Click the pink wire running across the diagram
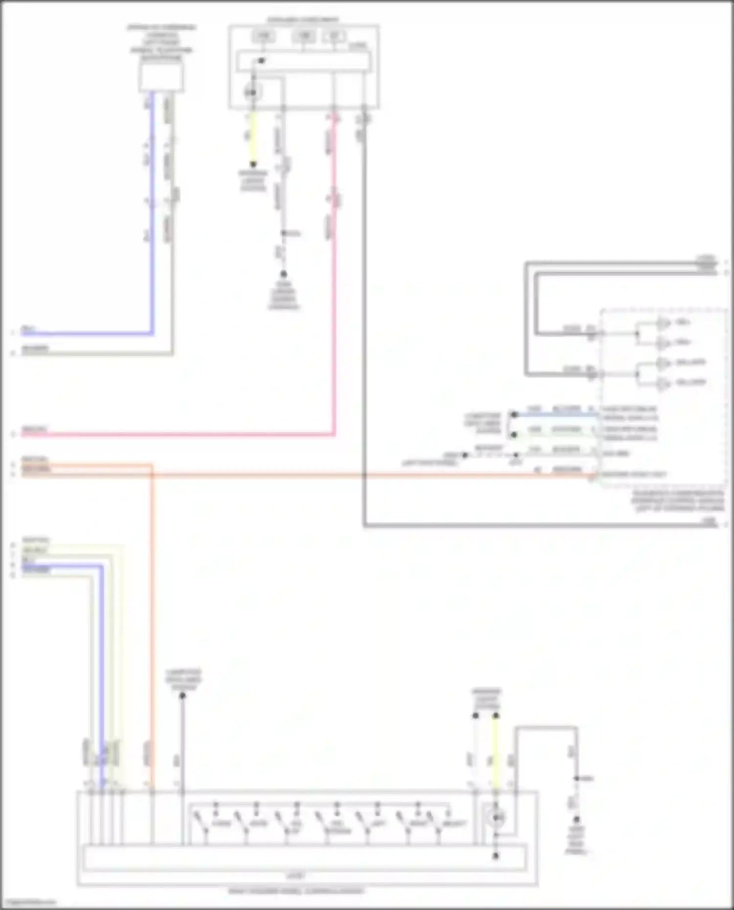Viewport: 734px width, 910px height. coord(196,434)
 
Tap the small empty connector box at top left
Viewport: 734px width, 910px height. coord(161,78)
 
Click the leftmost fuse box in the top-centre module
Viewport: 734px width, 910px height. coord(263,36)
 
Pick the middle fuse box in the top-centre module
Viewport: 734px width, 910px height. coord(303,36)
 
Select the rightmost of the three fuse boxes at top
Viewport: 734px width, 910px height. coord(334,36)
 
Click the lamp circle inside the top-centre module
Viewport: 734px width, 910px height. coord(253,92)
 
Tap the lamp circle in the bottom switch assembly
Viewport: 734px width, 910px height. coord(496,817)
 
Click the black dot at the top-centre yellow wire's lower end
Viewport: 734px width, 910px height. coord(253,165)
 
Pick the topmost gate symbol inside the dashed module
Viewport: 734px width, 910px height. coord(664,323)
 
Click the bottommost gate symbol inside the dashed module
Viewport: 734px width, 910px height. coord(664,383)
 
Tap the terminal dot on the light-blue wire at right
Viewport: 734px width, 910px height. coord(514,415)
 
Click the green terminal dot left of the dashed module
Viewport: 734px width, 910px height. coord(514,435)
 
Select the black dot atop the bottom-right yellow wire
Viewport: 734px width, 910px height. coord(496,716)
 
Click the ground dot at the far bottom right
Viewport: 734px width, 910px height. coord(576,819)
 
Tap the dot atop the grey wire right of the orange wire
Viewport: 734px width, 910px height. coord(182,696)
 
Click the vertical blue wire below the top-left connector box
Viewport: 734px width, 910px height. coord(152,220)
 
